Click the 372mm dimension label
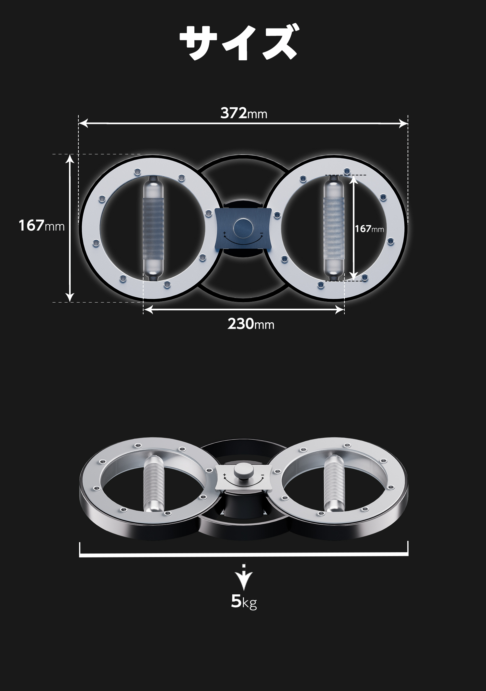tap(244, 113)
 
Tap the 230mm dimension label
tap(251, 324)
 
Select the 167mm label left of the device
tap(41, 225)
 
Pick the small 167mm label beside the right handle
tap(369, 229)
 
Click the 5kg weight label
tap(244, 601)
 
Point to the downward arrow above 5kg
tap(244, 577)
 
